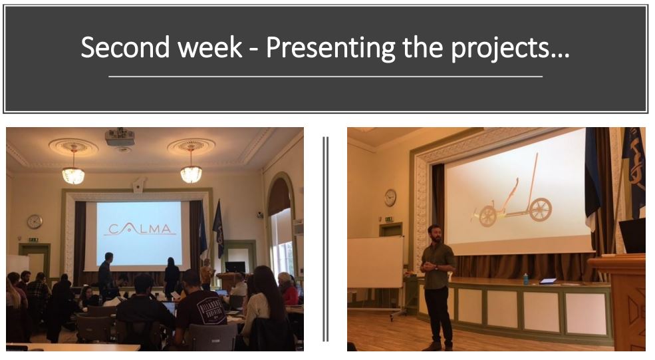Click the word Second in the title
[x=126, y=47]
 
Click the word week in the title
[x=210, y=47]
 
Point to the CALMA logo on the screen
[x=140, y=228]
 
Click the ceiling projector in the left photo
[x=120, y=137]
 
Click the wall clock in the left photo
[x=35, y=222]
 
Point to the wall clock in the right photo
[x=390, y=198]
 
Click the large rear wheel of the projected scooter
[x=540, y=210]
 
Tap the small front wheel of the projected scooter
[x=487, y=216]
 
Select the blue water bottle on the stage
[x=525, y=279]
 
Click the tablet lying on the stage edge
[x=548, y=281]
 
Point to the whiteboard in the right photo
[x=376, y=262]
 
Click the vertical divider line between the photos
[x=325, y=239]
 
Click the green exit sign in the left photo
[x=33, y=240]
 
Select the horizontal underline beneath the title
[x=325, y=77]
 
